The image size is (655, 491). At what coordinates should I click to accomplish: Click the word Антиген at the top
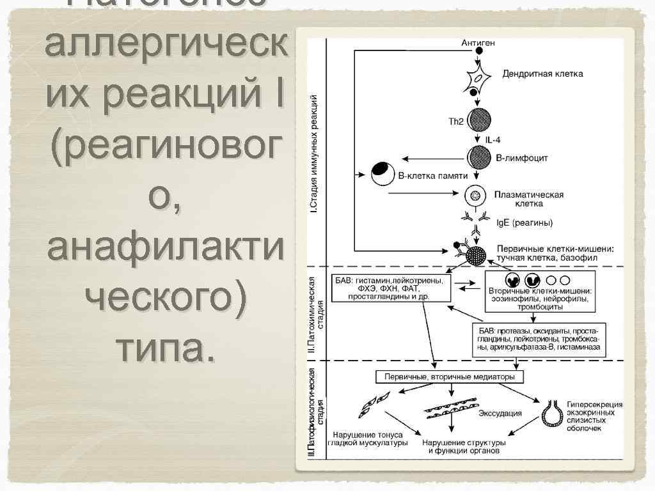tap(478, 43)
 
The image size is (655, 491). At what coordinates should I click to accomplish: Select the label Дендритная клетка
tap(542, 74)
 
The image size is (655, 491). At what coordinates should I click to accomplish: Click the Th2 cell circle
tap(478, 120)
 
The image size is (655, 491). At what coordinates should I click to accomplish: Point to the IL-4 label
tap(493, 139)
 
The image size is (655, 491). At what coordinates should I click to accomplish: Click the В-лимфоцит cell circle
tap(478, 157)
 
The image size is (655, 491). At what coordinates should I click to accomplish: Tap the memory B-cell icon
tap(382, 173)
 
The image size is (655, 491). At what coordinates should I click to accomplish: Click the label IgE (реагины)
tap(525, 222)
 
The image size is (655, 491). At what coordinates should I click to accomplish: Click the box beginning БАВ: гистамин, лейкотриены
tap(391, 288)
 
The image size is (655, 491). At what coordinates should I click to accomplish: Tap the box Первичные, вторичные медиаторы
tap(449, 377)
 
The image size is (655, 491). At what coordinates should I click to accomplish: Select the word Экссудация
tap(500, 413)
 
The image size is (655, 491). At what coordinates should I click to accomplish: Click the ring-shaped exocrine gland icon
tap(551, 414)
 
